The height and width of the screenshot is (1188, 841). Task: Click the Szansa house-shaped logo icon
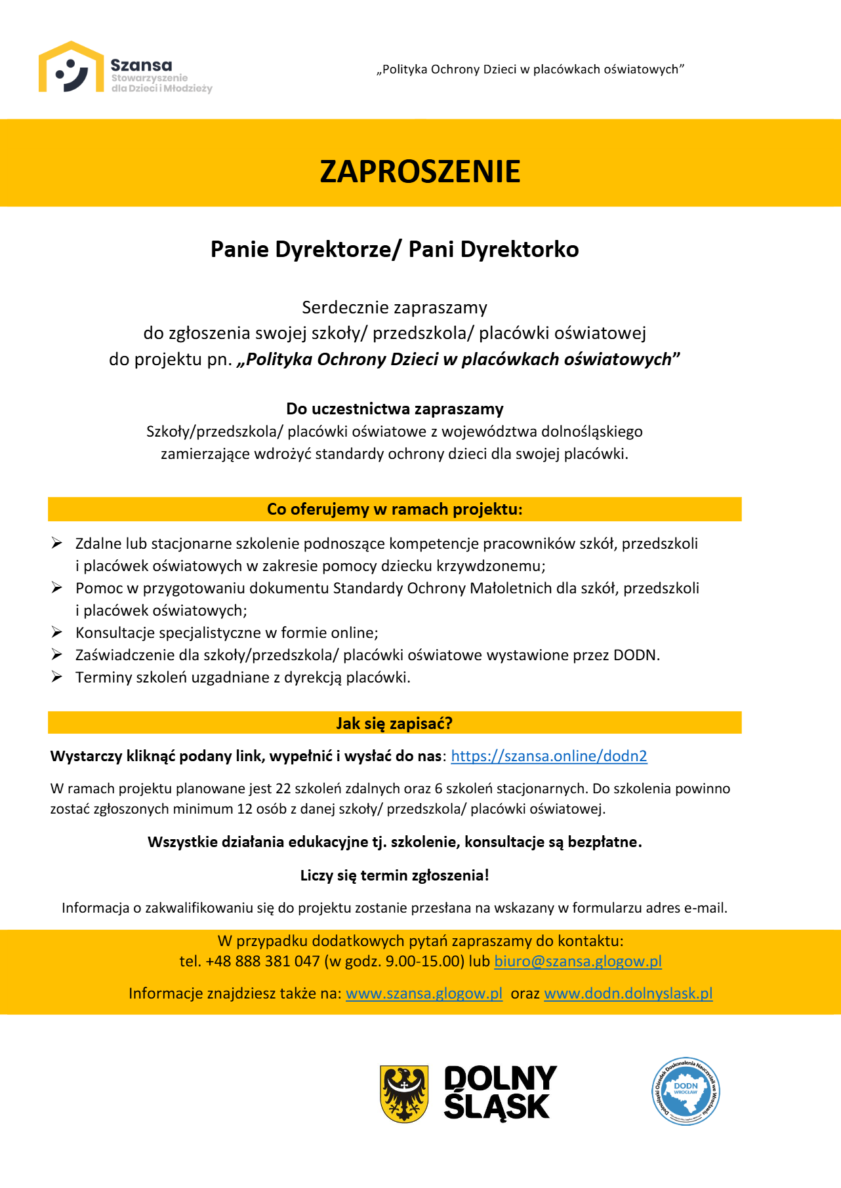coord(71,68)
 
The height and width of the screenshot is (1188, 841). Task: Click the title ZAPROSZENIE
coord(420,172)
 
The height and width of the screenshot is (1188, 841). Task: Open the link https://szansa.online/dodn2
coord(549,756)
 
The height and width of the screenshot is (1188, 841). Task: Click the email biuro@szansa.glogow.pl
coord(577,961)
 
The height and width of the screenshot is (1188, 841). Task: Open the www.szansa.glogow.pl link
coord(424,993)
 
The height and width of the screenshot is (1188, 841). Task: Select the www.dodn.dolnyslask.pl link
coord(628,993)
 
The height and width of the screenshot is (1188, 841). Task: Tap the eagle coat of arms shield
coord(404,1094)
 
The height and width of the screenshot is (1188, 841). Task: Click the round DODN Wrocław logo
coord(686,1092)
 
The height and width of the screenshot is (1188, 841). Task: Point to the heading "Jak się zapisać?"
coord(394,723)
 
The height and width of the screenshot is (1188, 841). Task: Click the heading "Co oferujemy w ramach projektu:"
coord(394,509)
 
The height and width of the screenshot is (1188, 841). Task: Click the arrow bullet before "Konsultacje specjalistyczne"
coord(57,633)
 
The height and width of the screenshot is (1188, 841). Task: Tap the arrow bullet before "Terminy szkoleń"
coord(57,677)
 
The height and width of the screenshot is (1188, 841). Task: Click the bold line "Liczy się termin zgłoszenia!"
coord(394,875)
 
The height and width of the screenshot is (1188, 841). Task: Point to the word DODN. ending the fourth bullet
coord(636,655)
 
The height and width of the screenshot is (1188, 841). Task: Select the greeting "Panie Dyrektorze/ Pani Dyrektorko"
coord(394,250)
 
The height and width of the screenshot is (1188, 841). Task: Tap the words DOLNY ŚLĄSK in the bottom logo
coord(499,1093)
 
